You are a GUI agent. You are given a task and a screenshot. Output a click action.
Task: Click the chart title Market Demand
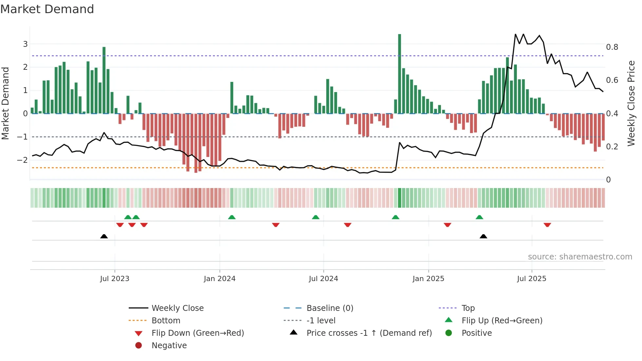(x=47, y=9)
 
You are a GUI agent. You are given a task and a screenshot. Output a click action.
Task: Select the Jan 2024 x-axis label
(x=219, y=279)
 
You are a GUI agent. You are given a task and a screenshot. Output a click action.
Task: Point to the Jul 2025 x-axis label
(x=532, y=279)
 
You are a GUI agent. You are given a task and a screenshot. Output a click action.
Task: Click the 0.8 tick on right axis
(x=612, y=47)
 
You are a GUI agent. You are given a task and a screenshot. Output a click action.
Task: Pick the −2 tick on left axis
(x=22, y=160)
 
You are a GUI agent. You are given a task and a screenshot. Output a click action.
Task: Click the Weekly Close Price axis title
(x=631, y=103)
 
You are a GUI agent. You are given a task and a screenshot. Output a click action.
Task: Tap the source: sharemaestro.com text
(x=580, y=257)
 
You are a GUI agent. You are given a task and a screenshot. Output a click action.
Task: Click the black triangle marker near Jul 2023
(x=104, y=236)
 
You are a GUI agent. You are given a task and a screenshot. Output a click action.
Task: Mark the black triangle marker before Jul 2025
(x=483, y=236)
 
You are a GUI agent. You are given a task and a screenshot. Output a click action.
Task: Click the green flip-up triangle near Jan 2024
(x=232, y=217)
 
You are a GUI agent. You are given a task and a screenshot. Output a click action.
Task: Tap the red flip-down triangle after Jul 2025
(x=547, y=225)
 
